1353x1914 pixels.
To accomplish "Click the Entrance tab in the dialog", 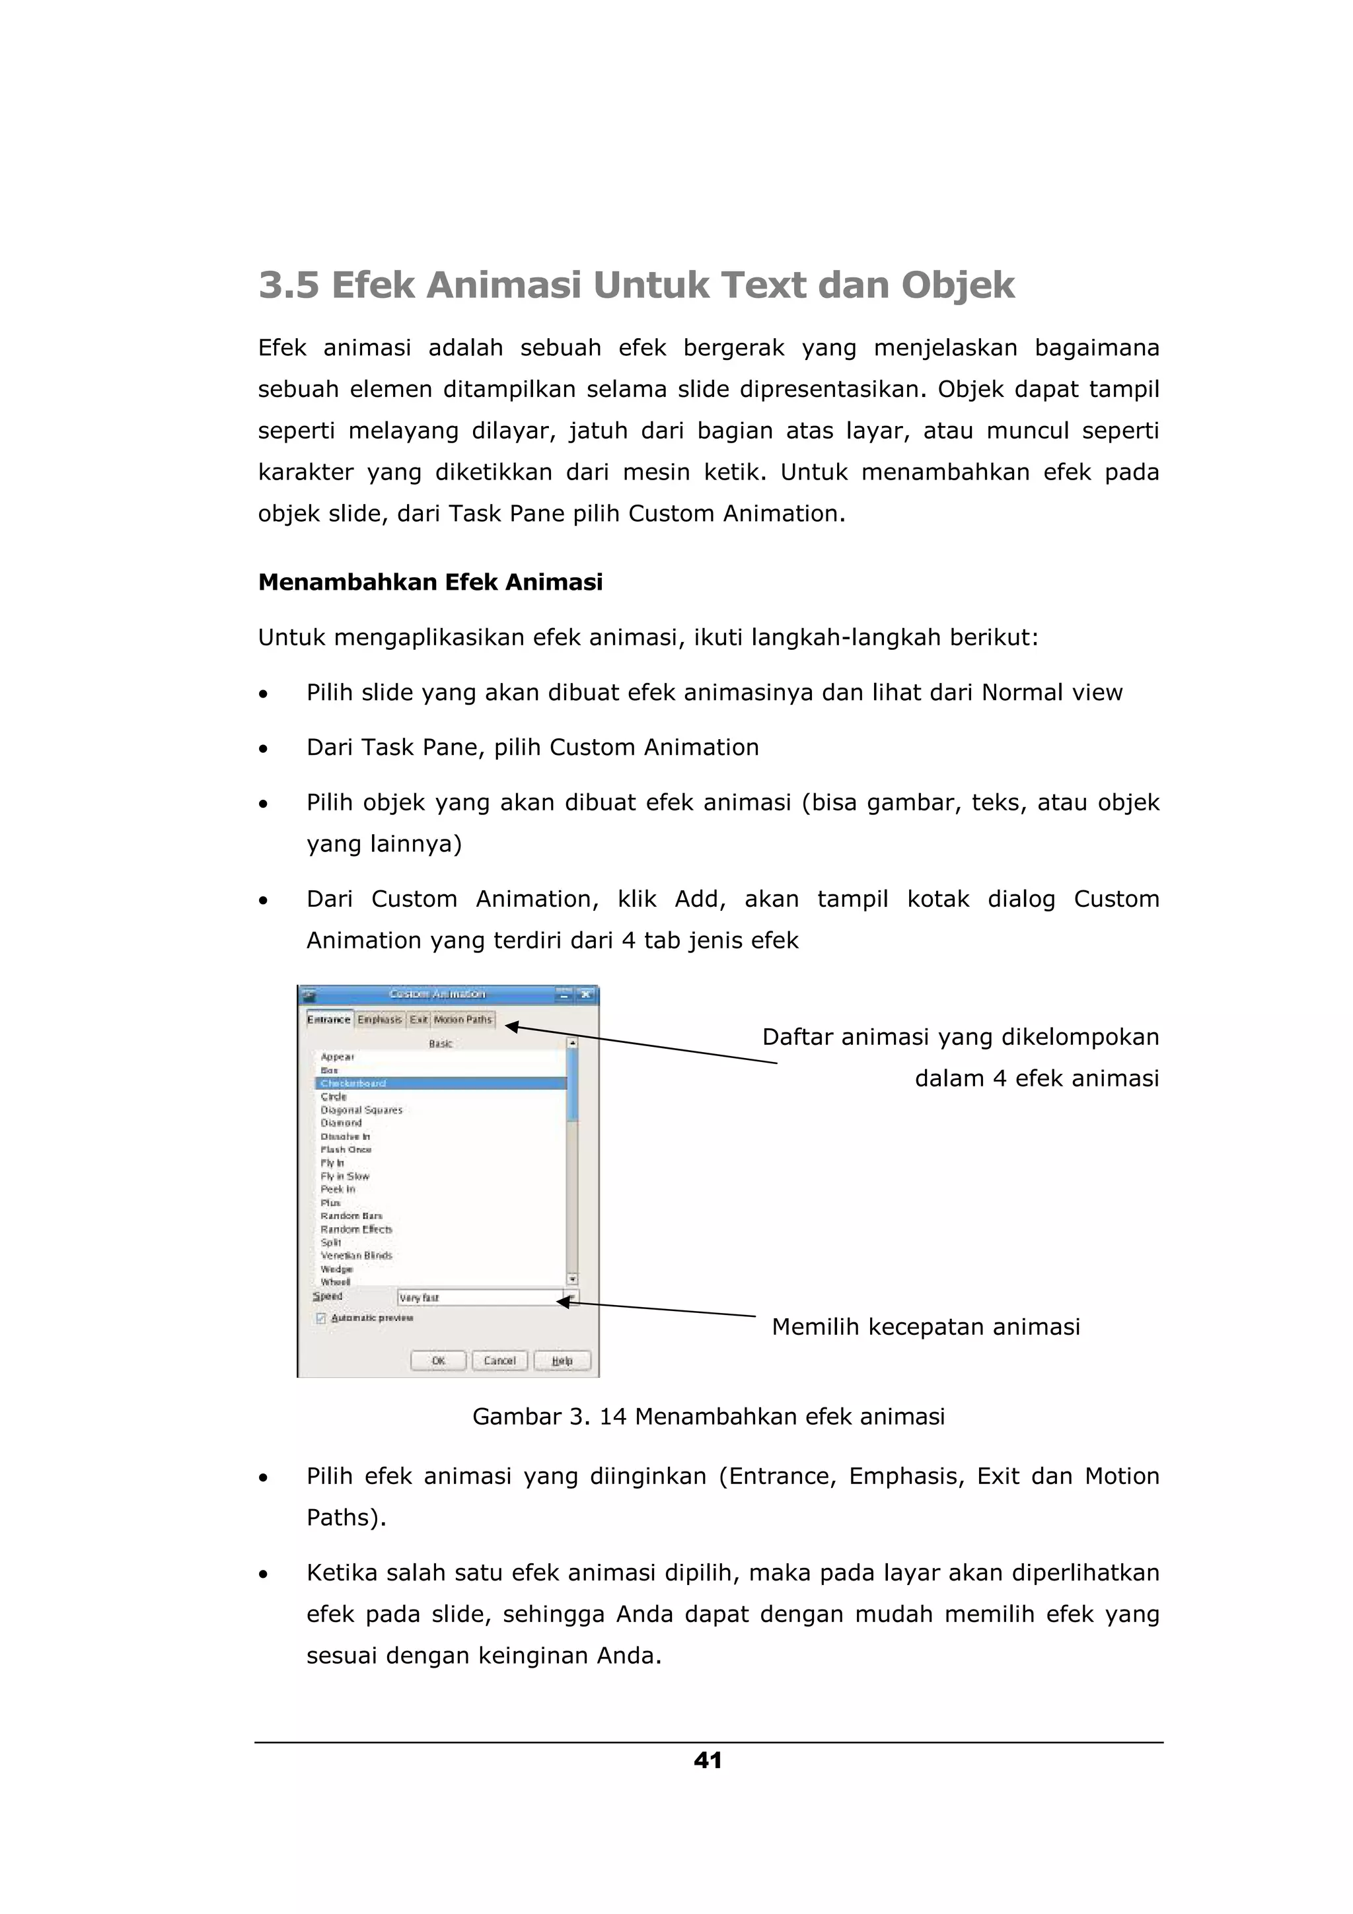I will [328, 1020].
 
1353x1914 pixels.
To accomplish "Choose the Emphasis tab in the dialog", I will [379, 1020].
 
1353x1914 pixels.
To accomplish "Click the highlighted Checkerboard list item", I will [353, 1084].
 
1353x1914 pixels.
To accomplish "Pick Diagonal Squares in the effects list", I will [361, 1110].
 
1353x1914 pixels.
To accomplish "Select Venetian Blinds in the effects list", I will [356, 1256].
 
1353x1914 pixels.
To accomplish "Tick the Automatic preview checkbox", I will [321, 1318].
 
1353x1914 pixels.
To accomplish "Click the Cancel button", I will [499, 1361].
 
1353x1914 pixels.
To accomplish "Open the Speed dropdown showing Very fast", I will [570, 1297].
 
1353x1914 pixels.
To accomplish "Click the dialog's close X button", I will [586, 995].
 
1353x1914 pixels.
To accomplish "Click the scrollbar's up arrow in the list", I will [572, 1043].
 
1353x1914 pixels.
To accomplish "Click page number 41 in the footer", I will [708, 1761].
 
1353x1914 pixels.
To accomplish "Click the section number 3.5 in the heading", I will [289, 285].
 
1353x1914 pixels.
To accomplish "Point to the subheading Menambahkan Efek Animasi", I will [430, 582].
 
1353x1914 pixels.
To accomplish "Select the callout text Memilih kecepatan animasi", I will [926, 1326].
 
